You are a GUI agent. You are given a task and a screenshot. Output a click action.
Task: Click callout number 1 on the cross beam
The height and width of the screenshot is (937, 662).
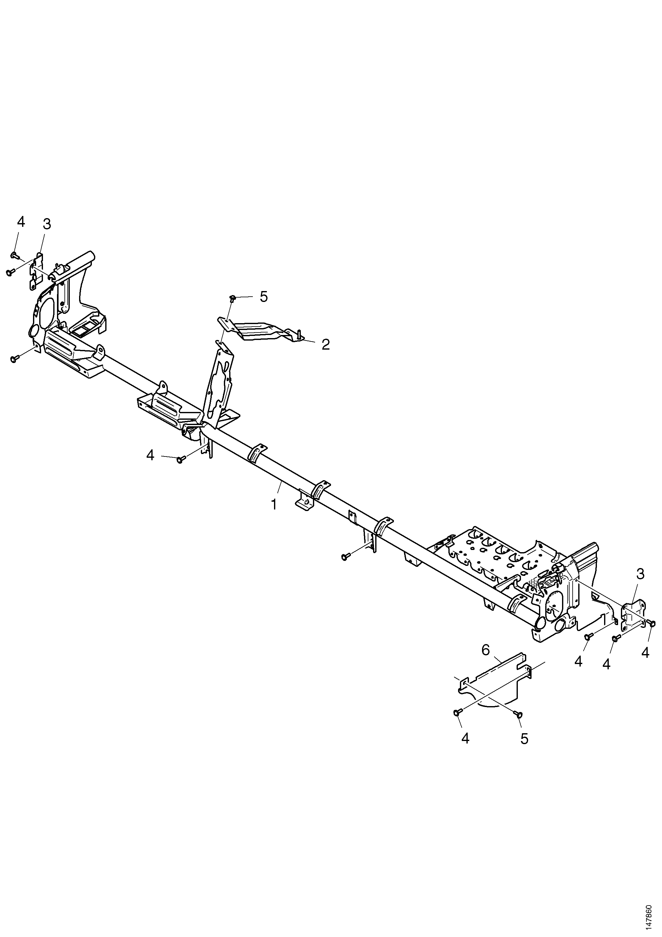pyautogui.click(x=274, y=504)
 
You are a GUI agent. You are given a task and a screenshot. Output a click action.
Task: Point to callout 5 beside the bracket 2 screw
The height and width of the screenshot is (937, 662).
pyautogui.click(x=264, y=297)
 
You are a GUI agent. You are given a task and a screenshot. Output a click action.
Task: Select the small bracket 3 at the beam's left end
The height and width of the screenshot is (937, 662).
pyautogui.click(x=37, y=270)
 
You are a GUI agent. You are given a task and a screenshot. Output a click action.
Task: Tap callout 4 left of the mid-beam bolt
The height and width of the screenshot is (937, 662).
pyautogui.click(x=150, y=455)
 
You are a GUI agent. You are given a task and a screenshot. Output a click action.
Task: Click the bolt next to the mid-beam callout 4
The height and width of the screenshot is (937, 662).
pyautogui.click(x=181, y=460)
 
